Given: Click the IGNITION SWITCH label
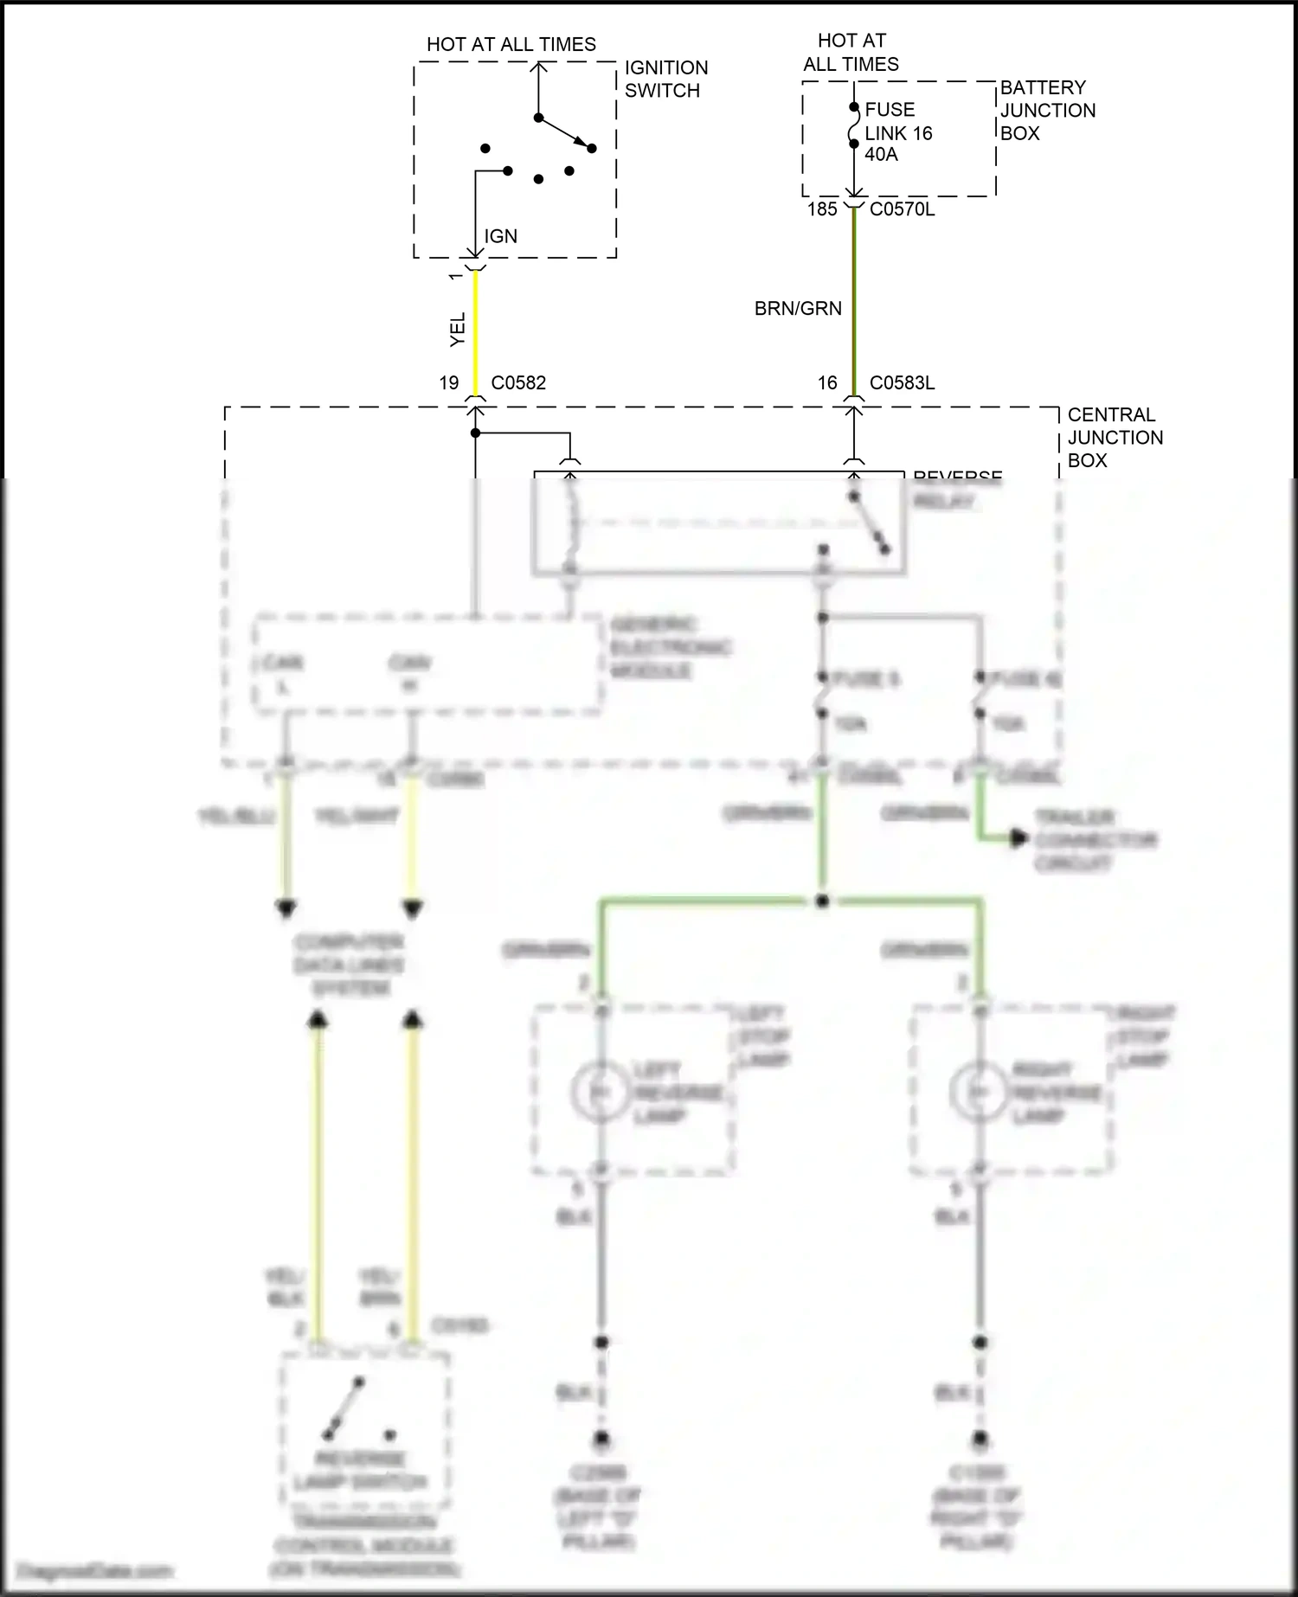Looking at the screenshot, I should click(x=665, y=79).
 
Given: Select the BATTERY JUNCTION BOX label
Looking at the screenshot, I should click(x=1047, y=110).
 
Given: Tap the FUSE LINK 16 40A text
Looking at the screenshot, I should click(x=897, y=132).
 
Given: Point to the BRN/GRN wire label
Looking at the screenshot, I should click(x=797, y=309).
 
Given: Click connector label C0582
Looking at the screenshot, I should click(x=518, y=383).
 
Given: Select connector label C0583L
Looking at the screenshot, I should click(x=902, y=383).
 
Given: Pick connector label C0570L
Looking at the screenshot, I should click(x=902, y=209).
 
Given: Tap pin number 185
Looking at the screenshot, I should click(x=822, y=209).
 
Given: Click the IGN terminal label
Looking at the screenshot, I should click(x=500, y=236).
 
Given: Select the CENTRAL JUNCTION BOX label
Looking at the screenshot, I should click(x=1115, y=438).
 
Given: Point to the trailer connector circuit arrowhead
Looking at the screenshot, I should click(x=1019, y=838).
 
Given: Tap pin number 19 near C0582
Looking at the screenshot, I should click(x=448, y=383).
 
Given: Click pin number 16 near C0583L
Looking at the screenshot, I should click(x=827, y=383).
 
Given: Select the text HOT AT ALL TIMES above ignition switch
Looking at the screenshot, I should click(x=511, y=45).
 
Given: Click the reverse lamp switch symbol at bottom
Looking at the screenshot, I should click(x=346, y=1408).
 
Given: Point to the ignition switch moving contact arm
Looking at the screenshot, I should click(x=564, y=132).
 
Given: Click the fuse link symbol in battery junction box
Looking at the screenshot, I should click(x=853, y=126).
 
